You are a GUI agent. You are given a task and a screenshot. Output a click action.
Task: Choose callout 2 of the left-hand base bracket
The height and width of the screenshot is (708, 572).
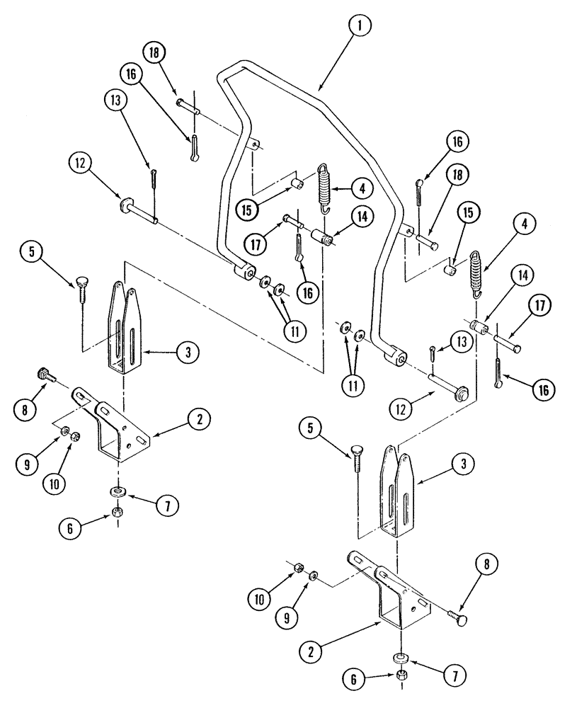(x=200, y=420)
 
